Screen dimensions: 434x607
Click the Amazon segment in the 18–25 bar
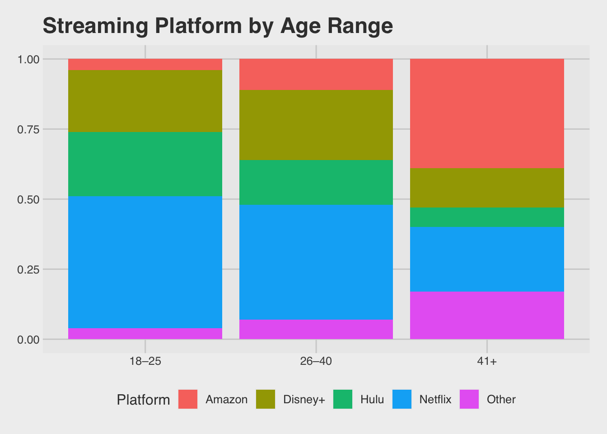point(145,64)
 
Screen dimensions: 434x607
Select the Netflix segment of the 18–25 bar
point(145,262)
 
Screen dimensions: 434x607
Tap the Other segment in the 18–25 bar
point(145,334)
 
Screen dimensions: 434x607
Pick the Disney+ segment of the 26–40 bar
point(316,125)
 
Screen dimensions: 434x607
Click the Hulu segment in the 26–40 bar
point(316,182)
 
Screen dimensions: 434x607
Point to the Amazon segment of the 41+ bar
point(487,113)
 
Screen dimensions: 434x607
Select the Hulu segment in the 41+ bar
point(487,217)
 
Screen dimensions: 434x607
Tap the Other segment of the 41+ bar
point(487,315)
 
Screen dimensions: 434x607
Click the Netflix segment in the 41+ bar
point(487,259)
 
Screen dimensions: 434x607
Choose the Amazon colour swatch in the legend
point(188,399)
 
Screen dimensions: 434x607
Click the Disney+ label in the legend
point(304,400)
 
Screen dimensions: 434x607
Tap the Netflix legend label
point(435,400)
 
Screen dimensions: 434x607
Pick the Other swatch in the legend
point(469,399)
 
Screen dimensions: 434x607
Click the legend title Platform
point(143,400)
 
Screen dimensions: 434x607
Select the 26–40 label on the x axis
point(316,362)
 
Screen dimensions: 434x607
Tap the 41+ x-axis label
point(487,362)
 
